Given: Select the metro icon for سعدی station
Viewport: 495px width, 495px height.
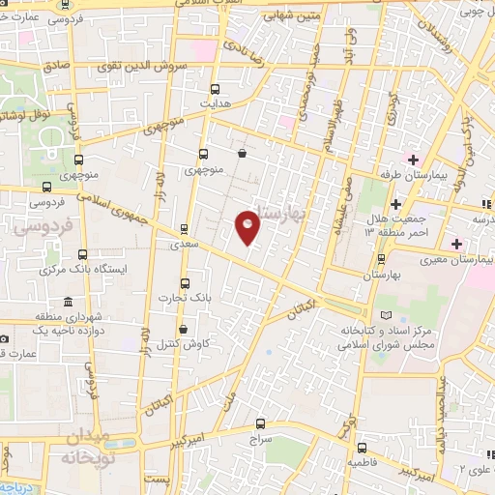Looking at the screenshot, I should coord(184,230).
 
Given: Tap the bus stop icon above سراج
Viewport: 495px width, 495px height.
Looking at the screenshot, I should coord(260,423).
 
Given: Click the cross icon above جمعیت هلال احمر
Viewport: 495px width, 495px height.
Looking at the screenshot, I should coord(396,204).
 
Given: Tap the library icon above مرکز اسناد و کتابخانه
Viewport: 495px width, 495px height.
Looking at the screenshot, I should coord(387,316).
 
